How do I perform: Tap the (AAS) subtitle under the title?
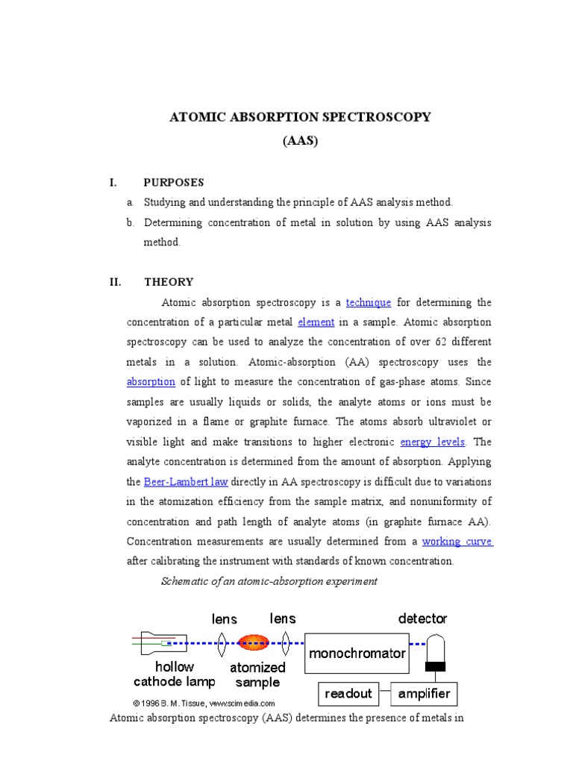301,140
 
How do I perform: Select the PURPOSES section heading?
174,182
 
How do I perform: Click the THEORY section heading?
169,281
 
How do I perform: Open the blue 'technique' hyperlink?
369,302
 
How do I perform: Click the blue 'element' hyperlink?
316,322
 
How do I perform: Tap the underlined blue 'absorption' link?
151,381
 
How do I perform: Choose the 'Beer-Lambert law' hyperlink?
186,481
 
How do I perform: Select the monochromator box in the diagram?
357,653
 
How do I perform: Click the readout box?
348,693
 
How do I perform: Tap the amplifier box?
424,693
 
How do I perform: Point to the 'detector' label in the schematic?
422,619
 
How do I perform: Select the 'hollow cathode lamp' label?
175,674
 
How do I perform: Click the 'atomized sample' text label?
257,674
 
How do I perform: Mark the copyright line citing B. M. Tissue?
204,703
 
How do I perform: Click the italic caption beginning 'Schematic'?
269,581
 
